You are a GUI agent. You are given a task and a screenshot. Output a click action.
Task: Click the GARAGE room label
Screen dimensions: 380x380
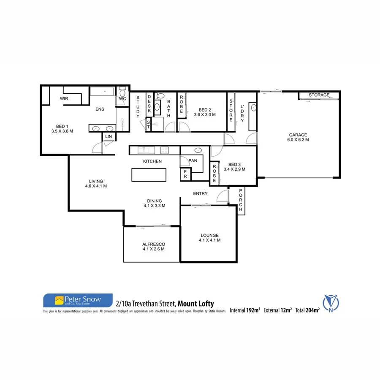(298, 135)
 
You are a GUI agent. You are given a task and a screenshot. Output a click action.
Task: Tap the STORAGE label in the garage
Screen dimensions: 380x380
(319, 95)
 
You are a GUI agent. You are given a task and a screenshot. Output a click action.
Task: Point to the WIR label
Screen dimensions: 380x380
(64, 98)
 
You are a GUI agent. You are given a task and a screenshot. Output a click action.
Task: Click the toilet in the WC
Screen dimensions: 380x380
(122, 92)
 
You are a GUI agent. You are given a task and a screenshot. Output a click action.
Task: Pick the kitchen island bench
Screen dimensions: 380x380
(149, 174)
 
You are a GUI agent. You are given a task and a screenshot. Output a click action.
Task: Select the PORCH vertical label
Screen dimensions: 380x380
(241, 200)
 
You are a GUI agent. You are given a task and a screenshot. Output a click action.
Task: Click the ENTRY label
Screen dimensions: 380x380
(200, 194)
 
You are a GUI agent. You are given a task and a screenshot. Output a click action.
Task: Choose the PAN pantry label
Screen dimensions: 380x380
(193, 161)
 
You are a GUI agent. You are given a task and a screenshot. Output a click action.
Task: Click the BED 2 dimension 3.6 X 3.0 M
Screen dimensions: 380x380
(205, 114)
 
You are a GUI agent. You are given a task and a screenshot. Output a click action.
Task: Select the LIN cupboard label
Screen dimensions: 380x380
(108, 137)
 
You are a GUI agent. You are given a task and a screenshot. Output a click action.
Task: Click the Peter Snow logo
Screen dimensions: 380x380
(78, 300)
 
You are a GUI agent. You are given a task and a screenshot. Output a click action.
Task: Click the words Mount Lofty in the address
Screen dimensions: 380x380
(196, 304)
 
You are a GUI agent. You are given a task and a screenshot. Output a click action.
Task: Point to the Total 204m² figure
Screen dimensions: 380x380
(307, 310)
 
